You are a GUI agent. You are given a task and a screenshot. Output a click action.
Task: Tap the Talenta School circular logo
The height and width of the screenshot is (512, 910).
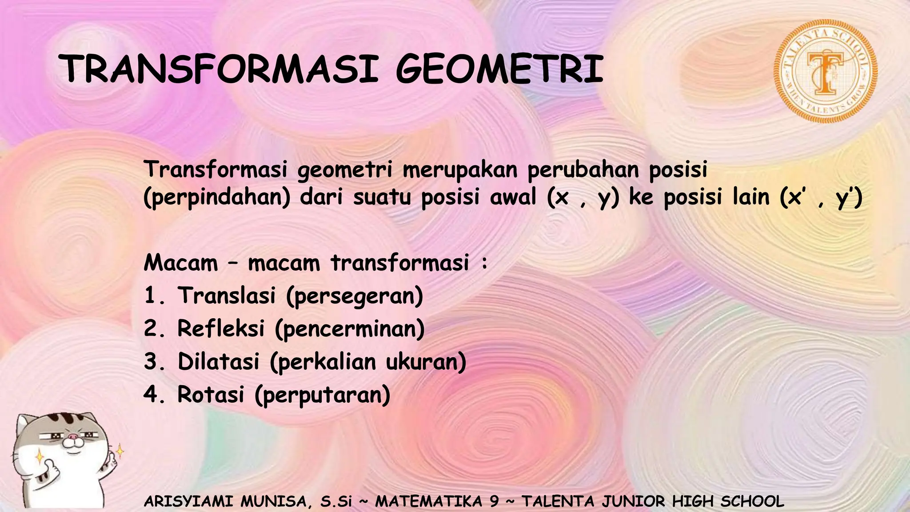pyautogui.click(x=826, y=71)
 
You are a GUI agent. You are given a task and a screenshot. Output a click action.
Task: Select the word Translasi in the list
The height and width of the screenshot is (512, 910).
pyautogui.click(x=227, y=296)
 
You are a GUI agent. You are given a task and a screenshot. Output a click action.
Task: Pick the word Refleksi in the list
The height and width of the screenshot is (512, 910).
pyautogui.click(x=221, y=328)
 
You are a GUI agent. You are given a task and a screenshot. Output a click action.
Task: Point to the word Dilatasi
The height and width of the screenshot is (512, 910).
pyautogui.click(x=219, y=361)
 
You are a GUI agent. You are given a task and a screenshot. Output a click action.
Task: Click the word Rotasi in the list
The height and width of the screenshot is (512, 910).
pyautogui.click(x=211, y=394)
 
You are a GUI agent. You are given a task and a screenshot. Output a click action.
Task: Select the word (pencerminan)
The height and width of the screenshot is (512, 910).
pyautogui.click(x=350, y=329)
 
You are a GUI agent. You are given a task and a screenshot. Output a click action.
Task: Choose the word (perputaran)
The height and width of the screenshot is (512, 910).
pyautogui.click(x=323, y=395)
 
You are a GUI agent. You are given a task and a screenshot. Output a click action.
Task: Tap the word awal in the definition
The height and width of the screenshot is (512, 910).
pyautogui.click(x=513, y=197)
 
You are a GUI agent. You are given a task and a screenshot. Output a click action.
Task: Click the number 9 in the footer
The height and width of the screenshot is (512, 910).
pyautogui.click(x=494, y=501)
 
